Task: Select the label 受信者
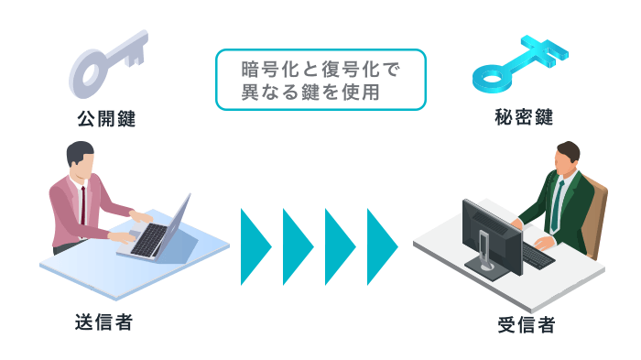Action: (526, 323)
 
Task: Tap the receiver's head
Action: (566, 159)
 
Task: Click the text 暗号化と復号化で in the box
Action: (320, 70)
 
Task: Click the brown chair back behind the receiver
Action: (597, 215)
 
